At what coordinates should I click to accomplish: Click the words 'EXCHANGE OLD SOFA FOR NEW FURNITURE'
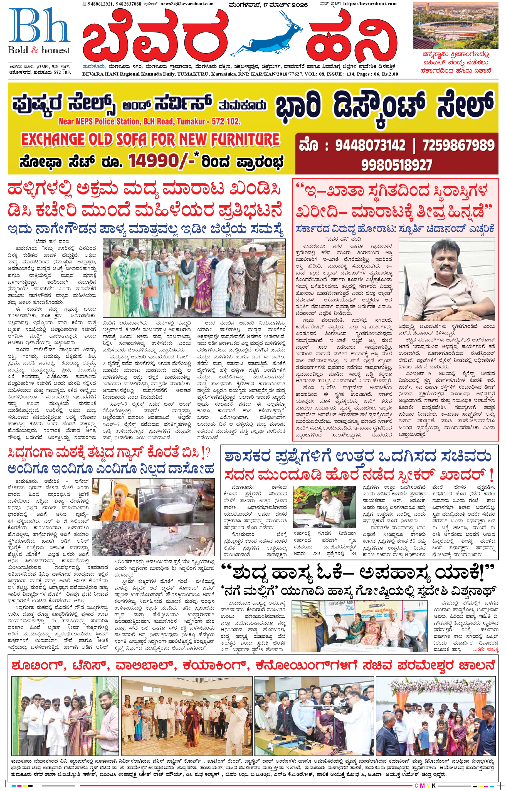[150, 139]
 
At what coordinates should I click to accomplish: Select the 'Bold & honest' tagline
[39, 50]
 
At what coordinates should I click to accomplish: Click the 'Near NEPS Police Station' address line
[149, 121]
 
